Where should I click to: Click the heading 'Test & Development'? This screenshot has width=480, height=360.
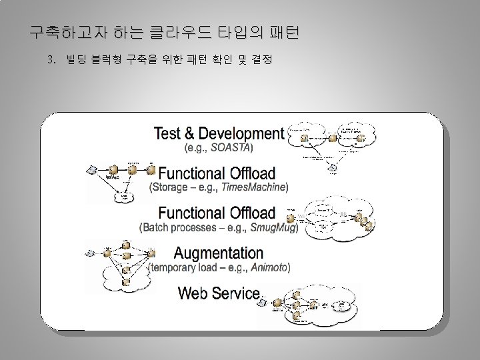click(x=219, y=133)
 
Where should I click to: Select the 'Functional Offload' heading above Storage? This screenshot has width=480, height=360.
click(x=217, y=173)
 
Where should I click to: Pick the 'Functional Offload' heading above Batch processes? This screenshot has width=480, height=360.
click(x=217, y=213)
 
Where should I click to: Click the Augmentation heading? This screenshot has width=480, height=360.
click(x=218, y=253)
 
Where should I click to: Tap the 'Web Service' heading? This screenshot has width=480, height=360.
click(x=219, y=293)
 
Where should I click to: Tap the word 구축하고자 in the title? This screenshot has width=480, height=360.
click(x=65, y=31)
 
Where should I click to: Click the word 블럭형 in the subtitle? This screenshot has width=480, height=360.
click(x=107, y=61)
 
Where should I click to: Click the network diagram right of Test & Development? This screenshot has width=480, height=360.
click(x=331, y=143)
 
